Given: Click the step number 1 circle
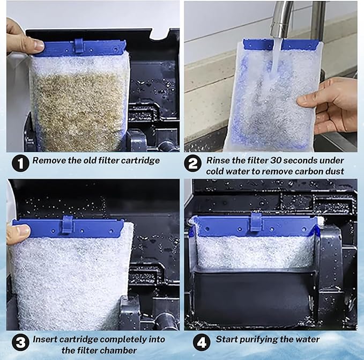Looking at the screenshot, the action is [x=20, y=163].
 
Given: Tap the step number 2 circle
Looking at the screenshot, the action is [x=192, y=163].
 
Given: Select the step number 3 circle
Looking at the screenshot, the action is [x=20, y=342].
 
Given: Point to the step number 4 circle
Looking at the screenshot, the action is [x=202, y=342].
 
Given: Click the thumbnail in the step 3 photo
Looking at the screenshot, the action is [x=23, y=231].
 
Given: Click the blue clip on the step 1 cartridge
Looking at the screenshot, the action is [x=78, y=46].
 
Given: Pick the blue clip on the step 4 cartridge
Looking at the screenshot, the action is [x=256, y=222].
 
